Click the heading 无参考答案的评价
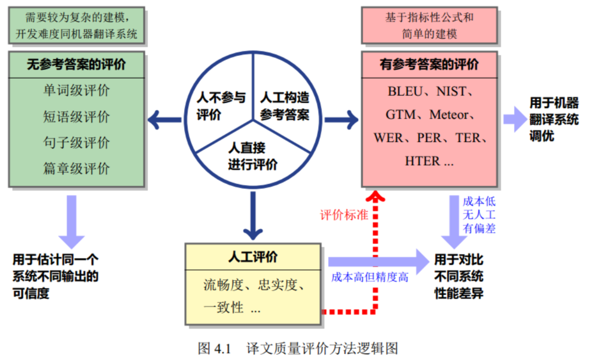point(76,65)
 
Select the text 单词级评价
point(76,90)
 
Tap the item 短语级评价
point(76,116)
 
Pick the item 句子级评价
point(76,143)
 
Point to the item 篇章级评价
point(76,169)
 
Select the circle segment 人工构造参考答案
point(284,106)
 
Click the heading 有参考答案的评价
point(429,65)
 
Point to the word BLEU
point(405,91)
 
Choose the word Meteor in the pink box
point(449,115)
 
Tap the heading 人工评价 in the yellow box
point(253,257)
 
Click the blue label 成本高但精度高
point(369,277)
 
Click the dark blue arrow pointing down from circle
point(253,217)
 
